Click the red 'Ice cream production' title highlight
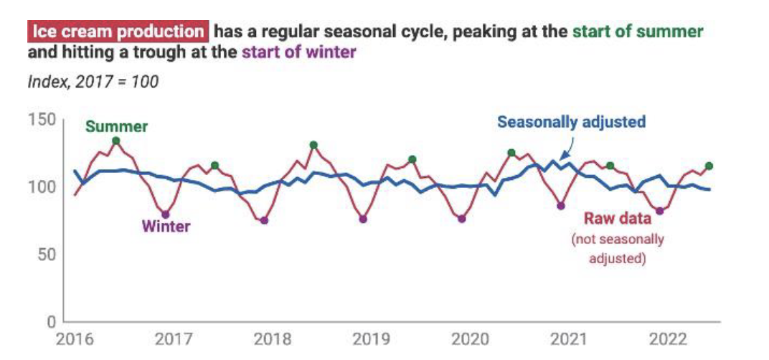119,32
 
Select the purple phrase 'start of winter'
298,52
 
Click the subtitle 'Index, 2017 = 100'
93,81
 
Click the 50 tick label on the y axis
47,254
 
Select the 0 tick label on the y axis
51,321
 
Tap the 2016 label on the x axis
74,338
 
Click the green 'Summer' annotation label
117,127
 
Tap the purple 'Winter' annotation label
166,227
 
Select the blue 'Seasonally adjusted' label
572,121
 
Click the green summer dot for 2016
116,141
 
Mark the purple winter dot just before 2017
165,214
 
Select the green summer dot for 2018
313,145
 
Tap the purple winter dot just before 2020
461,219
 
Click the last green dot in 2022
709,166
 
